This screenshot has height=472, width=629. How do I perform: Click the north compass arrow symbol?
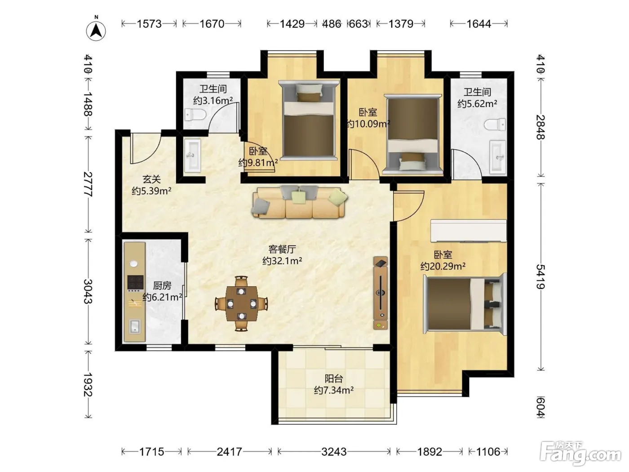click(x=96, y=31)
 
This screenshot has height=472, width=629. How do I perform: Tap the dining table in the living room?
click(x=242, y=304)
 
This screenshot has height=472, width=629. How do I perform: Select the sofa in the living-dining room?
click(x=300, y=202)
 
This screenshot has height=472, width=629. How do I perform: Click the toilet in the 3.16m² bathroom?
click(x=195, y=115)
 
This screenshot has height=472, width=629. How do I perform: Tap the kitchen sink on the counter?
click(x=135, y=327)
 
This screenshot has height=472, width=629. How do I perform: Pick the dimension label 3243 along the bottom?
click(x=334, y=452)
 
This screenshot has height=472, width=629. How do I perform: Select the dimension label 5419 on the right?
click(x=541, y=276)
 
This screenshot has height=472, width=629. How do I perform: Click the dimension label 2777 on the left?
click(x=88, y=184)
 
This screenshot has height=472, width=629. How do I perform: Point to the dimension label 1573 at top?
click(x=149, y=24)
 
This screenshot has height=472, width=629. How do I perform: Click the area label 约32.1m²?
click(x=282, y=261)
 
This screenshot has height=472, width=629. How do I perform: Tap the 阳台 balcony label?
click(x=334, y=379)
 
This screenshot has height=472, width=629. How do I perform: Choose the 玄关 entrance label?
click(x=151, y=179)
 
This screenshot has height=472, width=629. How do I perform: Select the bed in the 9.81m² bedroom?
click(x=309, y=120)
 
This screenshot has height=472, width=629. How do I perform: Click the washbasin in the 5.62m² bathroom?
click(x=498, y=157)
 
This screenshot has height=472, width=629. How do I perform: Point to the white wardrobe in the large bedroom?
click(x=469, y=231)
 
